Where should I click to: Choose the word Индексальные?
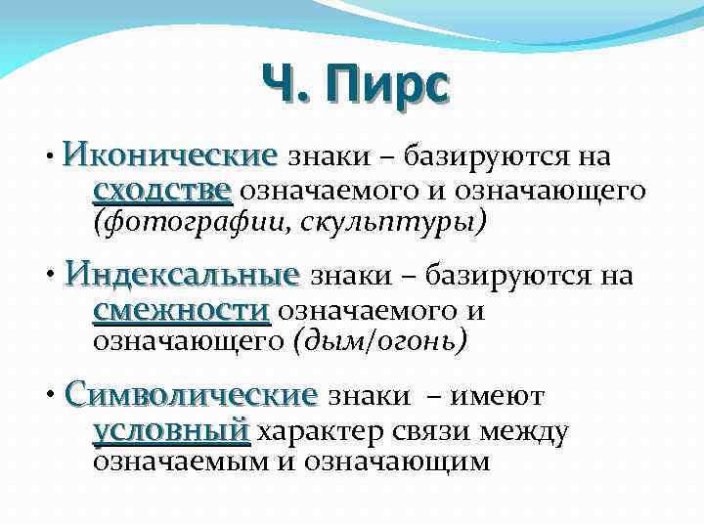click(182, 276)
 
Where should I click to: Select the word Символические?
click(191, 396)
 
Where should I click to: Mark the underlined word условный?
click(170, 430)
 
